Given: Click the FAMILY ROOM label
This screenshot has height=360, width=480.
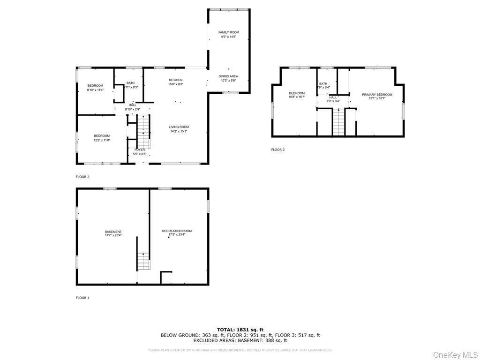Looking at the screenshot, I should (x=228, y=32).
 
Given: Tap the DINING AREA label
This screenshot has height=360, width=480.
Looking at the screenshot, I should (x=228, y=76).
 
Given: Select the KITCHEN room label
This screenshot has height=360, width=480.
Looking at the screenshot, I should (x=176, y=80).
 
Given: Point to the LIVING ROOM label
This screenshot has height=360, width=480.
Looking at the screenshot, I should (x=179, y=127).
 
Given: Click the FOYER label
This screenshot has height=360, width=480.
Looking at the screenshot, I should (x=140, y=150).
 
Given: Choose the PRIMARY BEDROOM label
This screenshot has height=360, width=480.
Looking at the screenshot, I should (x=377, y=95).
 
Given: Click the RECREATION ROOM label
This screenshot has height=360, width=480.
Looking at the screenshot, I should (x=177, y=231).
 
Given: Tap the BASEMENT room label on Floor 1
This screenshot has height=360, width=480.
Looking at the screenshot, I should (x=113, y=232).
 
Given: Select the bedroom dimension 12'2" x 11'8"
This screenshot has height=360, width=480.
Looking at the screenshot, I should (x=101, y=140).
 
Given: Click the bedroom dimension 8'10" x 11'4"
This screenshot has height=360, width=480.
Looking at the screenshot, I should (x=95, y=90).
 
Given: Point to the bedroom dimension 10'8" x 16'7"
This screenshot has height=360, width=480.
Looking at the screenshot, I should (x=297, y=97).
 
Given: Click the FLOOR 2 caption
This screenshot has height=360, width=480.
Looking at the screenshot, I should (x=82, y=177).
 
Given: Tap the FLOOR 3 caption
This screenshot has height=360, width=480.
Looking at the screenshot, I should (x=278, y=150).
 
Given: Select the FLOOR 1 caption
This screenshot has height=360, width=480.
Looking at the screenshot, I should (x=82, y=298).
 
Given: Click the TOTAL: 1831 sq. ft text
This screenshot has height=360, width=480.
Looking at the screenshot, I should (x=240, y=330).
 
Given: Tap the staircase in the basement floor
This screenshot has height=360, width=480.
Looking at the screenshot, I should (x=143, y=261).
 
